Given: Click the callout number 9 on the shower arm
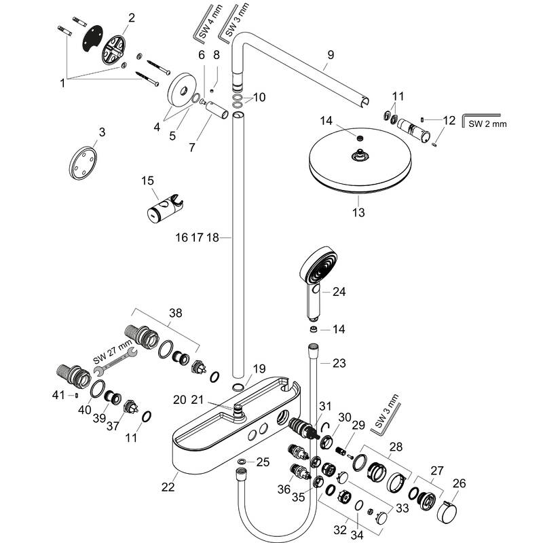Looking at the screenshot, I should click(331, 54).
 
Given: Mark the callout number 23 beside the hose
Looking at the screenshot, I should click(339, 363).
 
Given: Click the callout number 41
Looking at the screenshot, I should click(59, 394).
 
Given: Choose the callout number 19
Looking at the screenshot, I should click(259, 369).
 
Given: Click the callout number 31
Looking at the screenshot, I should click(325, 406).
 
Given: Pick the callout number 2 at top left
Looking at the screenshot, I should click(131, 17).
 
